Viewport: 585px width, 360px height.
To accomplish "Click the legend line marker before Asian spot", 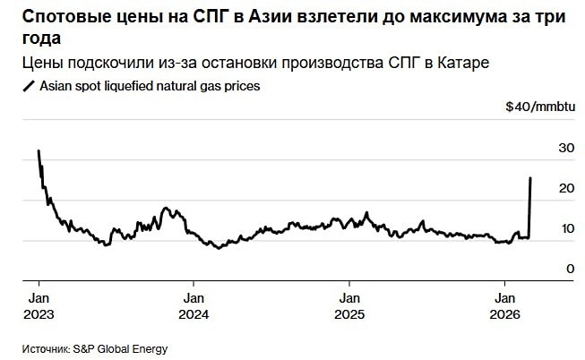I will click(29, 86).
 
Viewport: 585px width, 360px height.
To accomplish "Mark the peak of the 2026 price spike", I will click(531, 178).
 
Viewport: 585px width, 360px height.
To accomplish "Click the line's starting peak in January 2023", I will click(38, 151).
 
